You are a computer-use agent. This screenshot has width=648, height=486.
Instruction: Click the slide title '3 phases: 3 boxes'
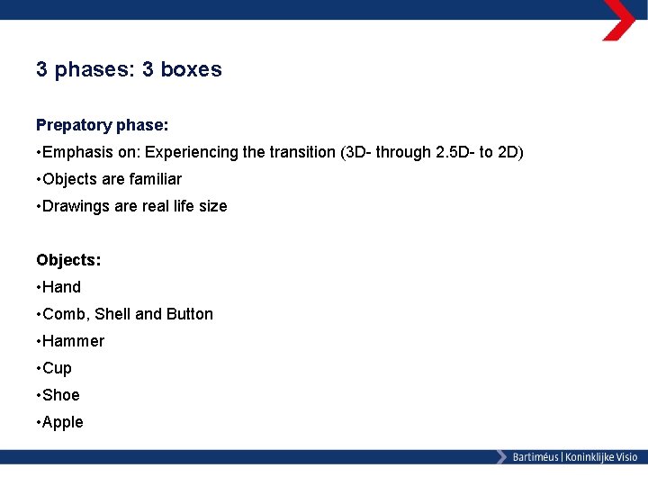tap(129, 69)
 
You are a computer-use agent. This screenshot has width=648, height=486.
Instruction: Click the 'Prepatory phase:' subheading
tap(103, 125)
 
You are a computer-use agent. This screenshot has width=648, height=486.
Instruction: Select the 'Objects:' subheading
tap(68, 260)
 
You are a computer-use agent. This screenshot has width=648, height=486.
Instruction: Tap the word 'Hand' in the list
tap(62, 287)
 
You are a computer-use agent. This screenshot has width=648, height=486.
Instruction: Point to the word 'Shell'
tap(112, 314)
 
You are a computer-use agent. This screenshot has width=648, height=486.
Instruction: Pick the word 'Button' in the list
tap(189, 314)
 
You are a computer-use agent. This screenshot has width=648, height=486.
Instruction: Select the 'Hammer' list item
tap(74, 341)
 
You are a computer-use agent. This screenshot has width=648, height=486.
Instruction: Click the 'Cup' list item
tap(58, 368)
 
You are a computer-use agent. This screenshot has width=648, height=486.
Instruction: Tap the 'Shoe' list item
tap(61, 395)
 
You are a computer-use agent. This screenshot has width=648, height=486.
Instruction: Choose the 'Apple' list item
tap(63, 422)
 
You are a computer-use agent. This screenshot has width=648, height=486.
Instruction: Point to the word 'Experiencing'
tap(192, 152)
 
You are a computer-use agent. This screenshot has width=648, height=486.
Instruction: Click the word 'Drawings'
tap(76, 206)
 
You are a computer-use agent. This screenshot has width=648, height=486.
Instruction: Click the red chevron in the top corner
tap(619, 20)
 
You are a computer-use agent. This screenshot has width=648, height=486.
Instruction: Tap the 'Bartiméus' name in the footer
tap(535, 457)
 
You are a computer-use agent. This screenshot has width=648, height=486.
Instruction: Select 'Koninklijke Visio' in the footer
tap(601, 457)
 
